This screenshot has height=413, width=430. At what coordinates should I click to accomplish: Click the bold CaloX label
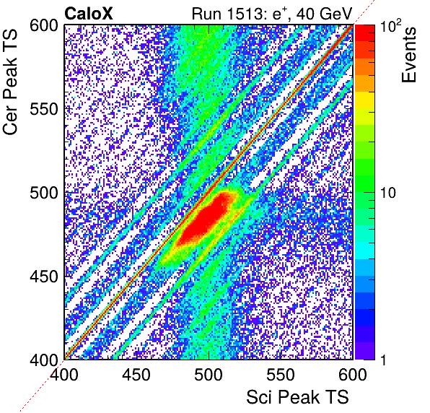click(88, 14)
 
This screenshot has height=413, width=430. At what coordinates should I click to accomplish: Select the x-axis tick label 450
click(136, 375)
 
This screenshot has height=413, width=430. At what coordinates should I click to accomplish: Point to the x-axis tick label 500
click(209, 375)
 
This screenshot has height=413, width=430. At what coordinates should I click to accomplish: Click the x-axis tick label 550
click(281, 375)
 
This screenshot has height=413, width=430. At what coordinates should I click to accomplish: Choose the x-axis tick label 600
click(353, 375)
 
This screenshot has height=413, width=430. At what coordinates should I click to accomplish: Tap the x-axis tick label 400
click(64, 375)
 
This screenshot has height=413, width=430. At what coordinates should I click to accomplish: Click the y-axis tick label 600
click(44, 26)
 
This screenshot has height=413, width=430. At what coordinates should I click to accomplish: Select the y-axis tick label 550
click(44, 110)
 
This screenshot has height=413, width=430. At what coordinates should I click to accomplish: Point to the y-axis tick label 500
click(44, 194)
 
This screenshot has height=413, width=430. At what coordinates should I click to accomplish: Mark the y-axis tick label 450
click(44, 277)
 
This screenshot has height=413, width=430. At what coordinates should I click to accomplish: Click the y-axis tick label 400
click(44, 360)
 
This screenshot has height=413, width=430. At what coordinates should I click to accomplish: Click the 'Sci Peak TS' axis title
click(297, 397)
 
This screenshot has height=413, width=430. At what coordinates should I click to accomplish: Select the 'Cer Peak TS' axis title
click(10, 82)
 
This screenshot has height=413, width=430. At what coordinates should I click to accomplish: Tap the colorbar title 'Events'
click(408, 55)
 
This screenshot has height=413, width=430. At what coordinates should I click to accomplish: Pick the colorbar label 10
click(388, 193)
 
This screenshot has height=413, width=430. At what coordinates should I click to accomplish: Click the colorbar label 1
click(384, 360)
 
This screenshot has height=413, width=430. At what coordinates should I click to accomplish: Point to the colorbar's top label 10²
click(390, 25)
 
